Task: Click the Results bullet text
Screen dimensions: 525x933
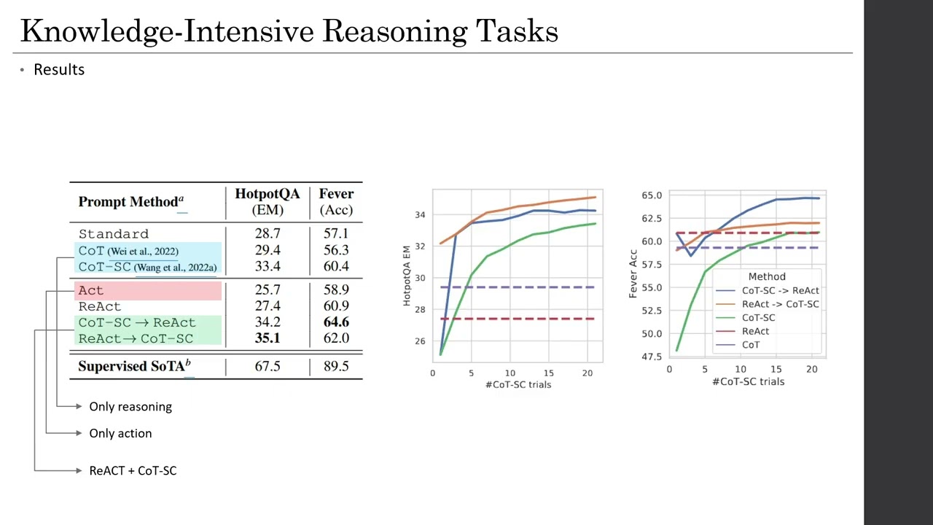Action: pos(59,69)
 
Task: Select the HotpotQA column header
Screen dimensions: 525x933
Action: pos(267,195)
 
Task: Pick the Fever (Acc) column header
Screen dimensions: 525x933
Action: pos(336,202)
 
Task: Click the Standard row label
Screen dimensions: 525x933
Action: pos(114,234)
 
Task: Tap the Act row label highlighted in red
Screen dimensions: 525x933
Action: pos(91,290)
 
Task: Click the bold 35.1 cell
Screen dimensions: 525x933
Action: pos(267,338)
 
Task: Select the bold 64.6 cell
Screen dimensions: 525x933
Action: pos(335,322)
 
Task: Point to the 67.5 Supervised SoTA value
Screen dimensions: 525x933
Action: pos(267,366)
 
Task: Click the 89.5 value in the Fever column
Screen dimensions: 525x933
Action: pos(335,366)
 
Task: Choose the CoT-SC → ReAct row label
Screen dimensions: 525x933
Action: pos(137,322)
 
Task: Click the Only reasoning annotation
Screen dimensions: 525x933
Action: pos(130,407)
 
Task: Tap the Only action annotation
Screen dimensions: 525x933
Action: pos(120,433)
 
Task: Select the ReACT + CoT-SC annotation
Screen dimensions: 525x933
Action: pos(133,471)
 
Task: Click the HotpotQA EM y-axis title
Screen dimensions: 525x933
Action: pos(407,276)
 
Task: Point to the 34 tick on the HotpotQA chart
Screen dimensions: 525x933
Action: pos(420,215)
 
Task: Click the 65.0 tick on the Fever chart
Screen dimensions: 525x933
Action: pos(652,195)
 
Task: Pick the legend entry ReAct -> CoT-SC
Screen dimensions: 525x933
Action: pos(780,304)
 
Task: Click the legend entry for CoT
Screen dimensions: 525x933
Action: pos(750,345)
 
